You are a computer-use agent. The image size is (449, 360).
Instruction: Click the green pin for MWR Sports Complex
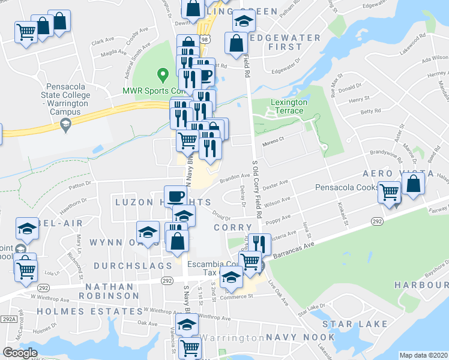click(x=161, y=76)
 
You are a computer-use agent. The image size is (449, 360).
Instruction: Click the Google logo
click(x=19, y=352)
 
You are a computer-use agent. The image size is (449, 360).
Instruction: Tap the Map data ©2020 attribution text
click(x=423, y=355)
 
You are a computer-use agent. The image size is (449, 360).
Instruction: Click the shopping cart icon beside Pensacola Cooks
click(x=390, y=193)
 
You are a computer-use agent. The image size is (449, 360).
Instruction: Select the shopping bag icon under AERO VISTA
click(x=414, y=183)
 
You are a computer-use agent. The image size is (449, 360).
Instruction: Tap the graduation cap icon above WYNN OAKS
click(x=147, y=232)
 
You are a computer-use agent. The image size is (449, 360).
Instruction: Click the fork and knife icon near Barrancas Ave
click(x=259, y=244)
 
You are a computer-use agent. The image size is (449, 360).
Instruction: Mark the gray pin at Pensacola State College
click(x=65, y=125)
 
